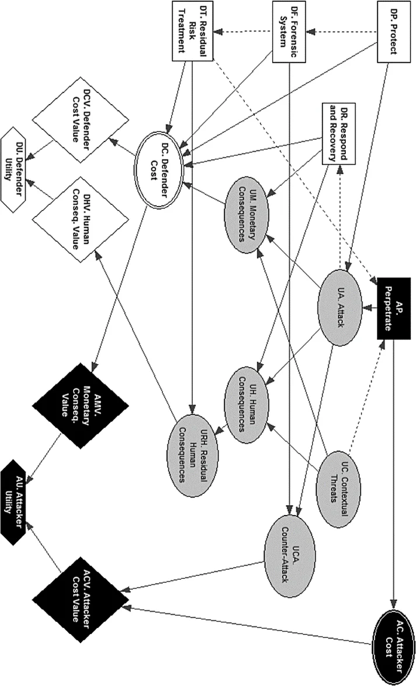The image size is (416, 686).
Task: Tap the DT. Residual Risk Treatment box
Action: coord(192,29)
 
